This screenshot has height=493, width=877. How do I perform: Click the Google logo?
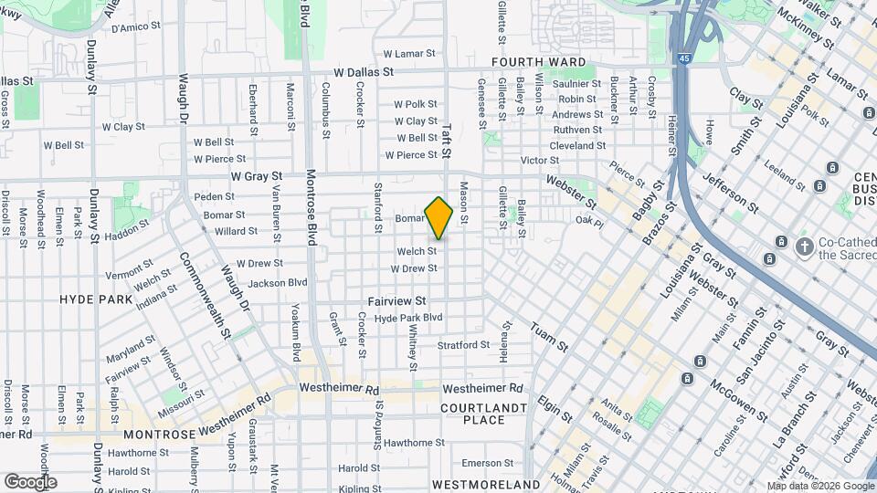pyautogui.click(x=30, y=481)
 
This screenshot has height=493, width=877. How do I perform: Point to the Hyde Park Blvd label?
pyautogui.click(x=408, y=318)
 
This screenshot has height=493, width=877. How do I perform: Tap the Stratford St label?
pyautogui.click(x=463, y=345)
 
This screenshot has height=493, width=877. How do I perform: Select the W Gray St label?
pyautogui.click(x=257, y=175)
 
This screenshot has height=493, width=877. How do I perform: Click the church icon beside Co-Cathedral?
pyautogui.click(x=804, y=246)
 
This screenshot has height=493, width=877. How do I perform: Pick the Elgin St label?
pyautogui.click(x=555, y=408)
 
